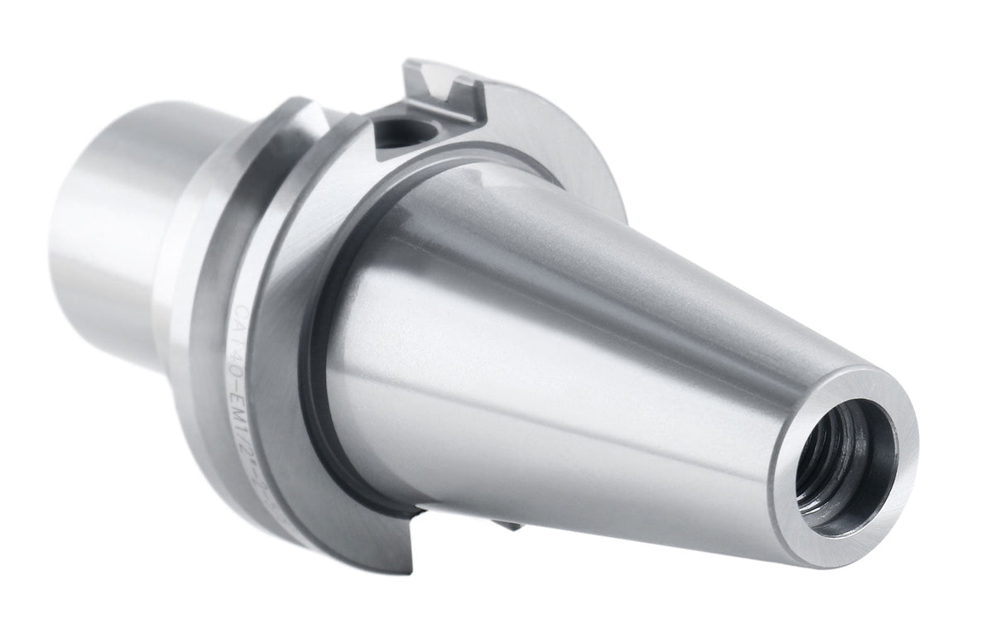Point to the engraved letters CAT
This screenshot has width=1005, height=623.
tap(241, 315)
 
